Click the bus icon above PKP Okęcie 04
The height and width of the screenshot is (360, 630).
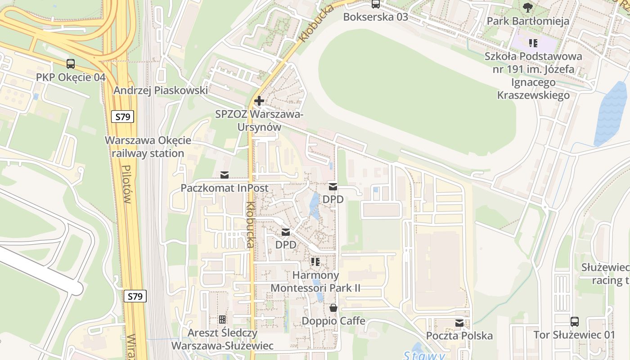71,64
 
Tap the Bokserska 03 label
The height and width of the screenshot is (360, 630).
375,17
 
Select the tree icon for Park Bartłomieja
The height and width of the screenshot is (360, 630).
528,7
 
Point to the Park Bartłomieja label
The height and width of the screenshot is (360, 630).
528,21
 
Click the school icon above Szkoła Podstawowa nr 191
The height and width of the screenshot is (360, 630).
533,43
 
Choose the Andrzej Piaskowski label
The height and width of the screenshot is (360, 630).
161,90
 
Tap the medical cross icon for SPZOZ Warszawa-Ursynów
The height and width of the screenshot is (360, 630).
259,101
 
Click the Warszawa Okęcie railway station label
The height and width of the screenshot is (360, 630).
148,147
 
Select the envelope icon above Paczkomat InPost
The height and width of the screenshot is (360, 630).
224,175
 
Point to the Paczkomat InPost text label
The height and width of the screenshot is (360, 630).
225,188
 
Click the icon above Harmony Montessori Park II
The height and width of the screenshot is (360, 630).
315,261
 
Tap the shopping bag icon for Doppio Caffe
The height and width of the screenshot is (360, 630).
333,308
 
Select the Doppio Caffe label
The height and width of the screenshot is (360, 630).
333,321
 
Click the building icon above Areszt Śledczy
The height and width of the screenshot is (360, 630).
222,319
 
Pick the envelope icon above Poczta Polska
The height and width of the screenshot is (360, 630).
459,323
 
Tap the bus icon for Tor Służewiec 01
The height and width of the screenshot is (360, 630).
575,321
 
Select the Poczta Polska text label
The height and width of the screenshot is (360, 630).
459,336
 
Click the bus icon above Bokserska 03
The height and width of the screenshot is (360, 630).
376,4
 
